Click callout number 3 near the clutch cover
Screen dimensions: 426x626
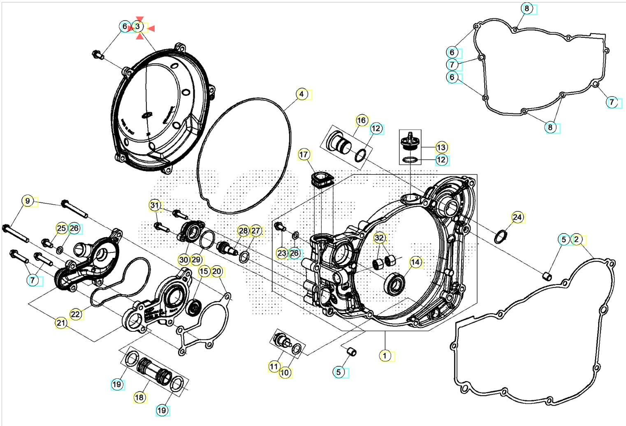click(x=138, y=27)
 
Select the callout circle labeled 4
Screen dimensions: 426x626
click(x=301, y=94)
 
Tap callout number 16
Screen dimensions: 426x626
click(x=361, y=120)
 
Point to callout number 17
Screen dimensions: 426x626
click(x=303, y=155)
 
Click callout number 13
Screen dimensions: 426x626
click(x=441, y=147)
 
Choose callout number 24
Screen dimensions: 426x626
click(x=517, y=217)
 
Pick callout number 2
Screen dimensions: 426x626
click(x=576, y=239)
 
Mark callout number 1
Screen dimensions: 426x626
click(x=385, y=355)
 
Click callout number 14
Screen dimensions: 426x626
click(x=415, y=262)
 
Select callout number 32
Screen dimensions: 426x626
click(x=379, y=238)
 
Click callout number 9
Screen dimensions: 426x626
click(x=28, y=201)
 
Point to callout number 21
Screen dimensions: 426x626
click(x=61, y=323)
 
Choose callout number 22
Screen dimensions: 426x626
click(x=75, y=314)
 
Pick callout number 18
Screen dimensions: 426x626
click(x=139, y=397)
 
